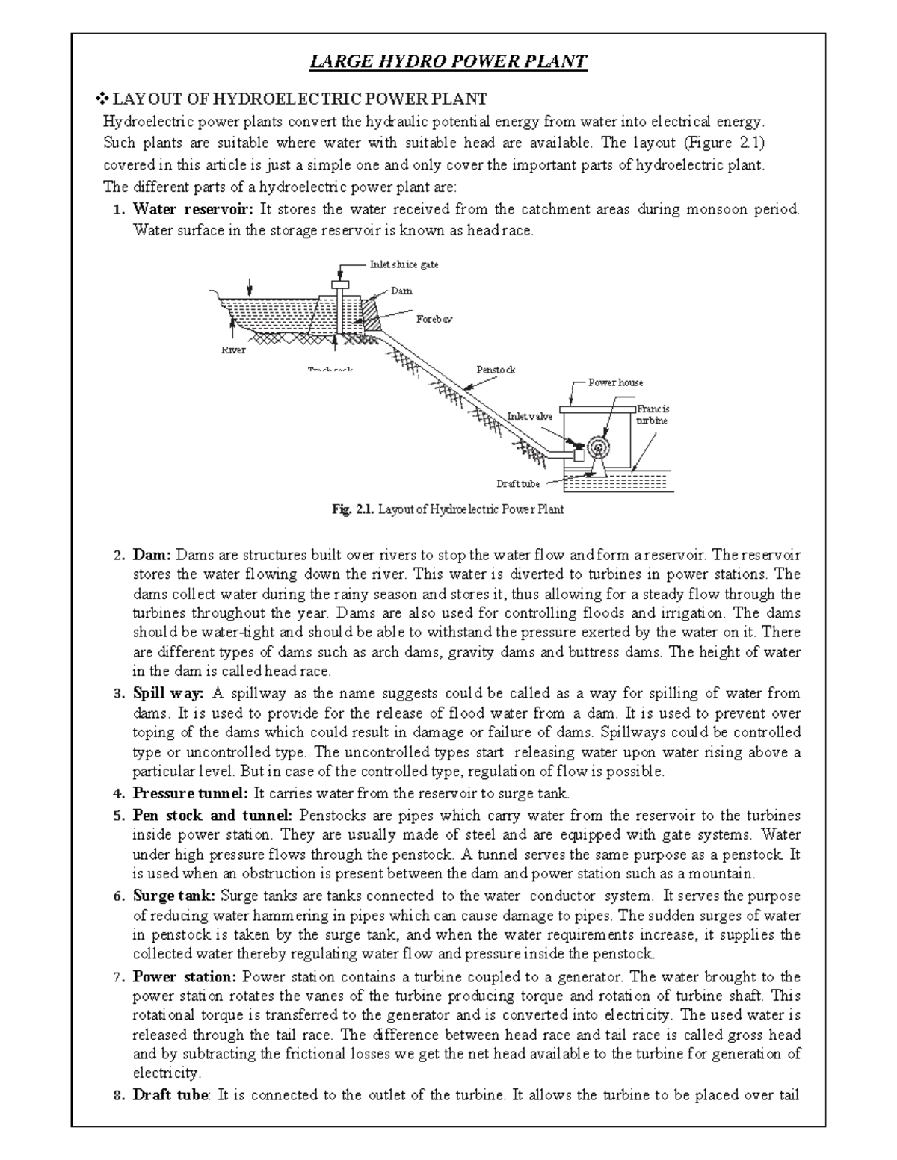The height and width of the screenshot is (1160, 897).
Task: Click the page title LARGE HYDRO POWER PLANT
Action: coord(449,61)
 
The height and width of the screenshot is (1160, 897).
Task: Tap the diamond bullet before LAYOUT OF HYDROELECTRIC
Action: coord(104,99)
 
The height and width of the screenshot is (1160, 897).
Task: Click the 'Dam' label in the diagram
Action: coord(401,291)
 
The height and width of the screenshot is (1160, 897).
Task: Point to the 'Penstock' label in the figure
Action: coord(496,370)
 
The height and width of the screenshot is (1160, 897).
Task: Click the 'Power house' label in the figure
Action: coord(615,382)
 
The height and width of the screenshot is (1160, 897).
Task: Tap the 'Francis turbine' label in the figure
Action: coord(653,415)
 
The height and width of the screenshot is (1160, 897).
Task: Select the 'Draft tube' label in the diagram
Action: coord(518,484)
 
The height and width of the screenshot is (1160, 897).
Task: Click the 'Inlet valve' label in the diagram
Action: coord(529,416)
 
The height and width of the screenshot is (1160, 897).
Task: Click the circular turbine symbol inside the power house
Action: coord(598,446)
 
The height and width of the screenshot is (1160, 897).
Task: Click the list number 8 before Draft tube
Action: coord(116,1097)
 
